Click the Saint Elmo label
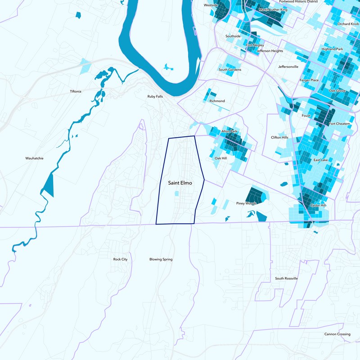(180, 183)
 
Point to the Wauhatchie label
(34, 158)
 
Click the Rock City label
(120, 259)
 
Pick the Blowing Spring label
(161, 259)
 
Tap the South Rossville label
(287, 279)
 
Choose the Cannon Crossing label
(337, 334)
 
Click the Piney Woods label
(246, 203)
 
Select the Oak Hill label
(220, 158)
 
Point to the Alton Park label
(229, 131)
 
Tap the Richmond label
(217, 101)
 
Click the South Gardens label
(230, 70)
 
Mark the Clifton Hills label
(279, 137)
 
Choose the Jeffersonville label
(288, 67)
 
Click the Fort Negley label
(255, 45)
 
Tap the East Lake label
(321, 160)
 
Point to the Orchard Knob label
(348, 23)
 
